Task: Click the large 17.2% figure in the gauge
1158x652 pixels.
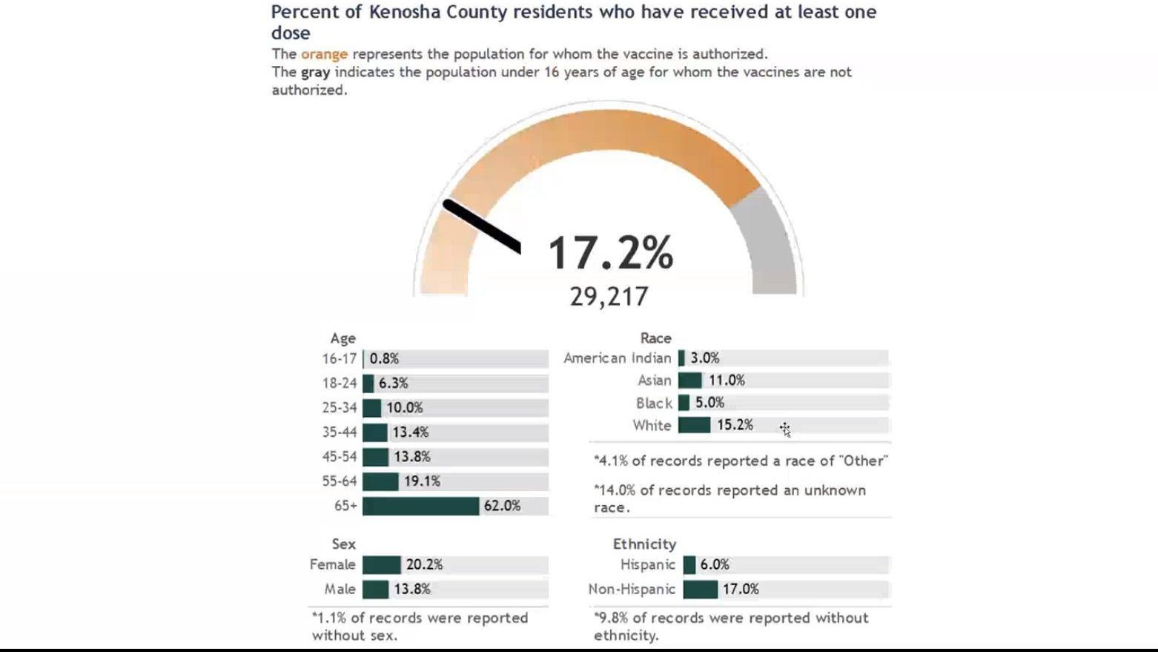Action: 610,252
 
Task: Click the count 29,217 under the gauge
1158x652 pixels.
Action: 609,297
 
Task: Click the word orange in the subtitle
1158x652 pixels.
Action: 324,54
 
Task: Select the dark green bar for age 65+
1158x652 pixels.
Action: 420,506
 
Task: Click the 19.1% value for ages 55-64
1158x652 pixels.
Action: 422,481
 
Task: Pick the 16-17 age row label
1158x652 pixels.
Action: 340,359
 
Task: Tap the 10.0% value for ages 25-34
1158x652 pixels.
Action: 404,408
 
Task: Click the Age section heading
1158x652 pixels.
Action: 343,338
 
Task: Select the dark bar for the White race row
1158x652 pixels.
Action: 694,425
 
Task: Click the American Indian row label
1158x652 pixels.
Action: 617,358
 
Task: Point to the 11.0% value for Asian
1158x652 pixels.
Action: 726,381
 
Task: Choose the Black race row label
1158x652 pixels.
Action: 654,404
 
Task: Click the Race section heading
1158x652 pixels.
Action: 655,338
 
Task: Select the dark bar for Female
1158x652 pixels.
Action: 381,565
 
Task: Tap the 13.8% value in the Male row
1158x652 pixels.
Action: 411,590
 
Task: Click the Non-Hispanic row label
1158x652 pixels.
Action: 632,590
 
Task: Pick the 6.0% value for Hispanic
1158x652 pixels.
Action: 715,565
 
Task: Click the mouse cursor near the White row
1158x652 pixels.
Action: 784,429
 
